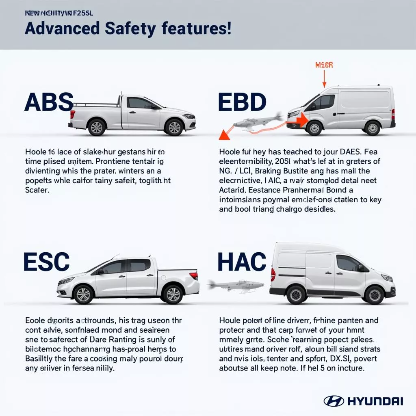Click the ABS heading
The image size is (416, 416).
[49, 102]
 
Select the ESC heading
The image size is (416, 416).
[46, 262]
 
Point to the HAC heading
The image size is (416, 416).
[242, 262]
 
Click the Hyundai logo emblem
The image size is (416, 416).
[334, 401]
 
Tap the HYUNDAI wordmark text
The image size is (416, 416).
[375, 401]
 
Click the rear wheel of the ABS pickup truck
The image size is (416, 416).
[97, 127]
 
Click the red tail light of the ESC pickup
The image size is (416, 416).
[194, 276]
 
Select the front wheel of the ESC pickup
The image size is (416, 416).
[84, 294]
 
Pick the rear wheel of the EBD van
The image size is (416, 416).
[372, 128]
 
